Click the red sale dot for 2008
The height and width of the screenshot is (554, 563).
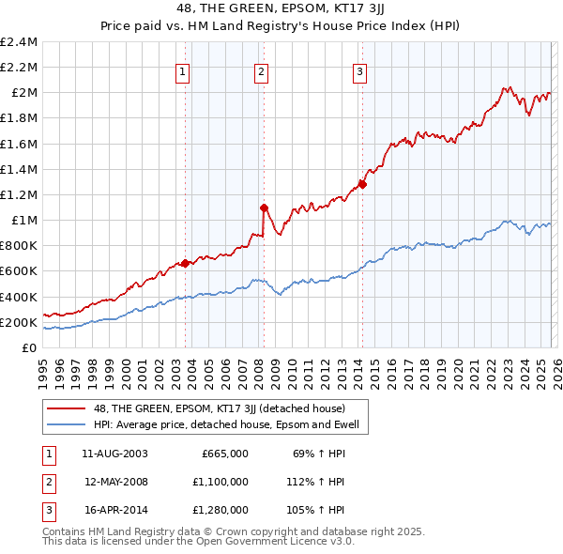pyautogui.click(x=264, y=207)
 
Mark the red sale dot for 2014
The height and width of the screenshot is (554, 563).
pyautogui.click(x=362, y=184)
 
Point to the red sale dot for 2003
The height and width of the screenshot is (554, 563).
pyautogui.click(x=185, y=263)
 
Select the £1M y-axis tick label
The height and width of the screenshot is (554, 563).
pyautogui.click(x=23, y=220)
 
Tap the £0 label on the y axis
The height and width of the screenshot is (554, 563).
pyautogui.click(x=28, y=347)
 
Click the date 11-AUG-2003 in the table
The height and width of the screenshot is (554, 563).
pyautogui.click(x=115, y=454)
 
